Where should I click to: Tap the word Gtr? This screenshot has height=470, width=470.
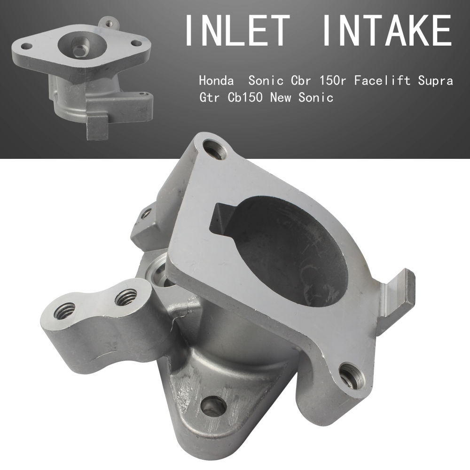pyautogui.click(x=210, y=98)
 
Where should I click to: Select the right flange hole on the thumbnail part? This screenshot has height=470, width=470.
pyautogui.click(x=137, y=43)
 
